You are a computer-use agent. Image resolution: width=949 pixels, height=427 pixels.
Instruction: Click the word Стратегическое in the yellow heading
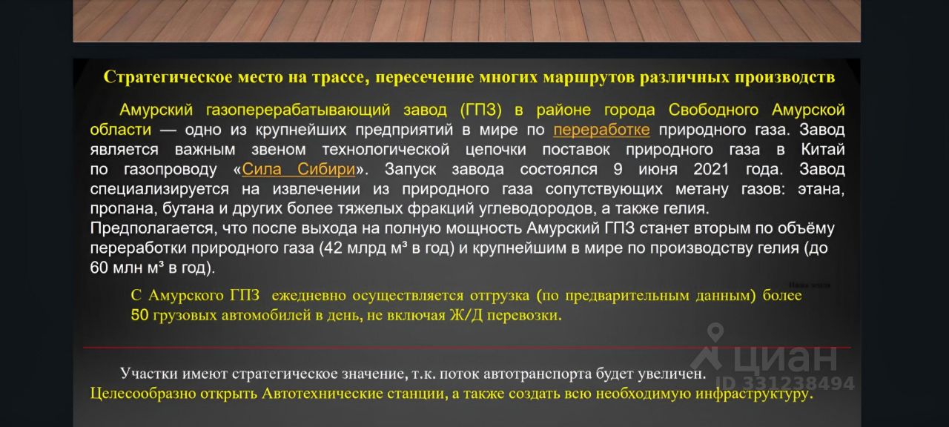coord(168,78)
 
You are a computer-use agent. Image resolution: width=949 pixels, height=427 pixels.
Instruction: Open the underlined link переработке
coord(601,130)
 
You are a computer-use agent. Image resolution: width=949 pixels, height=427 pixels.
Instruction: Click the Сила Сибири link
coord(298,169)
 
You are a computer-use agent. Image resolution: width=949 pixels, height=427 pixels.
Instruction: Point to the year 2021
coord(711,169)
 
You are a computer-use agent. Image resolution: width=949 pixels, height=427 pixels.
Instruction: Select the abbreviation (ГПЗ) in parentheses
coord(481,110)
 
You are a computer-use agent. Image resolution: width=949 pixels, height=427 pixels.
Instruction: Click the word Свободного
coord(713,110)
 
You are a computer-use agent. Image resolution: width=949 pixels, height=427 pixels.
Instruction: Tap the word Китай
coord(823,149)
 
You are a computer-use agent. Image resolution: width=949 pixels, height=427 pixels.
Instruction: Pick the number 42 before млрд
coord(333,248)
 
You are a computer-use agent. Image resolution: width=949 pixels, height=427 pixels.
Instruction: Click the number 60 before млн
coord(99,268)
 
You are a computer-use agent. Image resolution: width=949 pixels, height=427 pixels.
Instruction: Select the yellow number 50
coord(140,315)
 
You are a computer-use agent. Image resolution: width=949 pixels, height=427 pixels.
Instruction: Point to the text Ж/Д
coord(466,315)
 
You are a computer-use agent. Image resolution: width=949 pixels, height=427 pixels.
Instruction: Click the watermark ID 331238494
coord(785,383)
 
